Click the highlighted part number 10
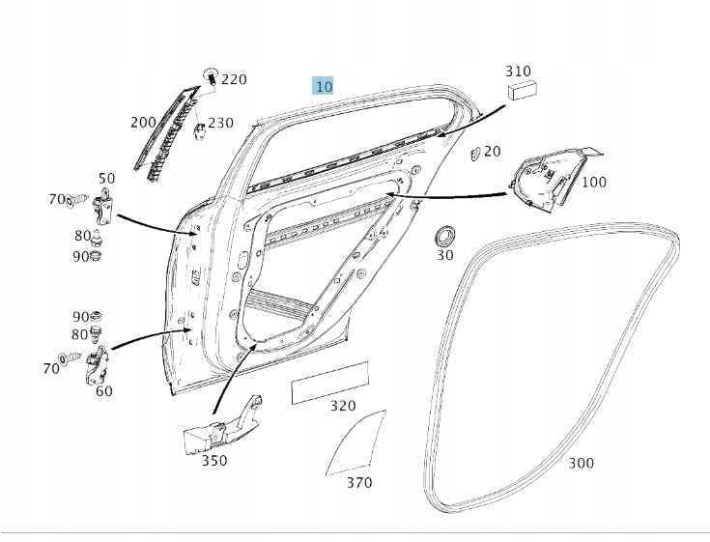323,86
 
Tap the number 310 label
518,71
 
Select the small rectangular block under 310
523,90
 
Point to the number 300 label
581,463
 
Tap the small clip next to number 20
475,153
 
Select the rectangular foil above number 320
330,384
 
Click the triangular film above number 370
355,442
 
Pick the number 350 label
214,461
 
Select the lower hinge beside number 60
98,365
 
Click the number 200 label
143,123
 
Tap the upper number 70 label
57,200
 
